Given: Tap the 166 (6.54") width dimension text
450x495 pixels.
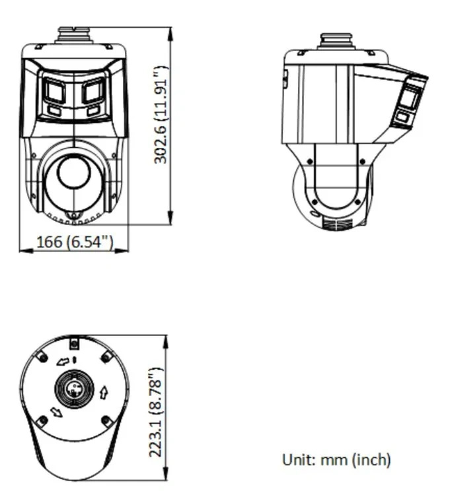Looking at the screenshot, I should pos(74,242).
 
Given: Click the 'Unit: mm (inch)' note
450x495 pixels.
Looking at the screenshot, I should pos(336,459).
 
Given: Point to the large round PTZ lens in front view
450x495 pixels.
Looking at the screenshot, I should pos(73,173).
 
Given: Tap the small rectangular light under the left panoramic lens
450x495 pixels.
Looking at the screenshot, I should pos(55,111).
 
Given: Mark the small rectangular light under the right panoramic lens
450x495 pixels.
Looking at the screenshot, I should pos(93,110).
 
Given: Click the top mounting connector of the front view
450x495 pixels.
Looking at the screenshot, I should pos(73,34).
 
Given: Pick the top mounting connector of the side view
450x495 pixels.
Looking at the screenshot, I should pos(334,40).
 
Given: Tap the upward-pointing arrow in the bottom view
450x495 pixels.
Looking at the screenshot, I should pos(103,393).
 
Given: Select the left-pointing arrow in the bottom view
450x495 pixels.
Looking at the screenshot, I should pos(63,361).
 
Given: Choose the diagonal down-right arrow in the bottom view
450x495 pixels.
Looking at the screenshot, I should pos(57,412).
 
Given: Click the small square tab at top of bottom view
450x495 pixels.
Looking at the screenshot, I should pos(74,343).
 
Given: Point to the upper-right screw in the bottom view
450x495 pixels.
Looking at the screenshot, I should pos(106,356).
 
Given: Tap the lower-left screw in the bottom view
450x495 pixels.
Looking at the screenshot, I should pos(42,420).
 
